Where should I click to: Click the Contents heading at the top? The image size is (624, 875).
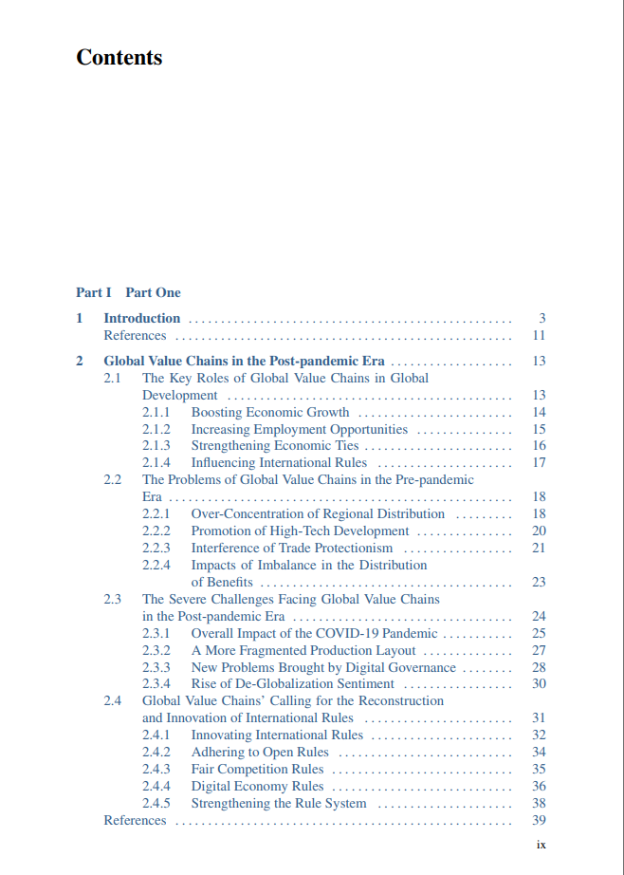click(x=119, y=57)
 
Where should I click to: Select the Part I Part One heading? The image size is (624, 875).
click(x=128, y=292)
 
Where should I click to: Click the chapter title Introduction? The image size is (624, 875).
click(x=141, y=318)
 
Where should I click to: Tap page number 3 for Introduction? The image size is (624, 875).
click(x=541, y=318)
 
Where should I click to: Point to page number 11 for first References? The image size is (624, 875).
click(x=539, y=335)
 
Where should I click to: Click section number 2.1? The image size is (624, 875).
click(x=113, y=378)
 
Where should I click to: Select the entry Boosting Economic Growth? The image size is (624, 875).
click(x=270, y=412)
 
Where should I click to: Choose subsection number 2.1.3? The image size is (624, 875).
click(x=156, y=445)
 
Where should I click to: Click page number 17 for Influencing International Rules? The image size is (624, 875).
click(x=539, y=462)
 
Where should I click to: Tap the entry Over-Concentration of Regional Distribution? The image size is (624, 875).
click(x=318, y=513)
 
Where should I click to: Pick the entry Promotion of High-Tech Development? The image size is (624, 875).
click(x=300, y=531)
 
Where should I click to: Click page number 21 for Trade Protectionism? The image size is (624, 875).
click(x=539, y=548)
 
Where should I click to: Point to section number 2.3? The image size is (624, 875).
click(x=113, y=599)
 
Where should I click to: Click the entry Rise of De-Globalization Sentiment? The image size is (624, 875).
click(x=292, y=683)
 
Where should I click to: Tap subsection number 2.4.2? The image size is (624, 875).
click(x=156, y=752)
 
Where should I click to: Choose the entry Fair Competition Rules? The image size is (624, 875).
click(x=257, y=769)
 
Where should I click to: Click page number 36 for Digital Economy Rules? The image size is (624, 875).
click(x=539, y=786)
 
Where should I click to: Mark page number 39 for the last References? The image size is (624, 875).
click(x=539, y=820)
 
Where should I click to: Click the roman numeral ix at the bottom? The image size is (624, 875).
click(x=541, y=844)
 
